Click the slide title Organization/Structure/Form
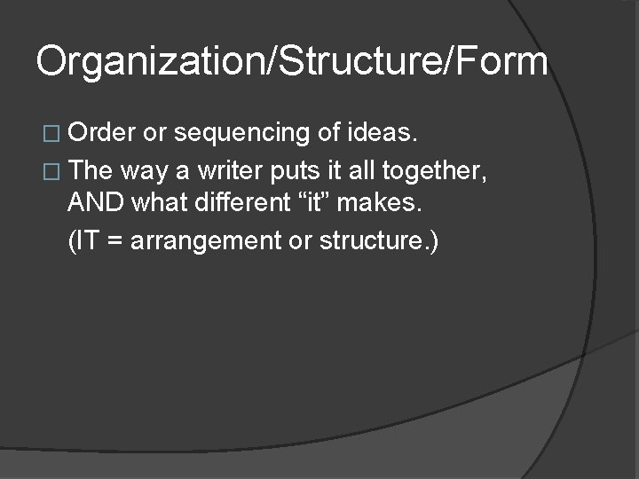(292, 61)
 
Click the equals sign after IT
(113, 241)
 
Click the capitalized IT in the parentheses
(86, 241)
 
